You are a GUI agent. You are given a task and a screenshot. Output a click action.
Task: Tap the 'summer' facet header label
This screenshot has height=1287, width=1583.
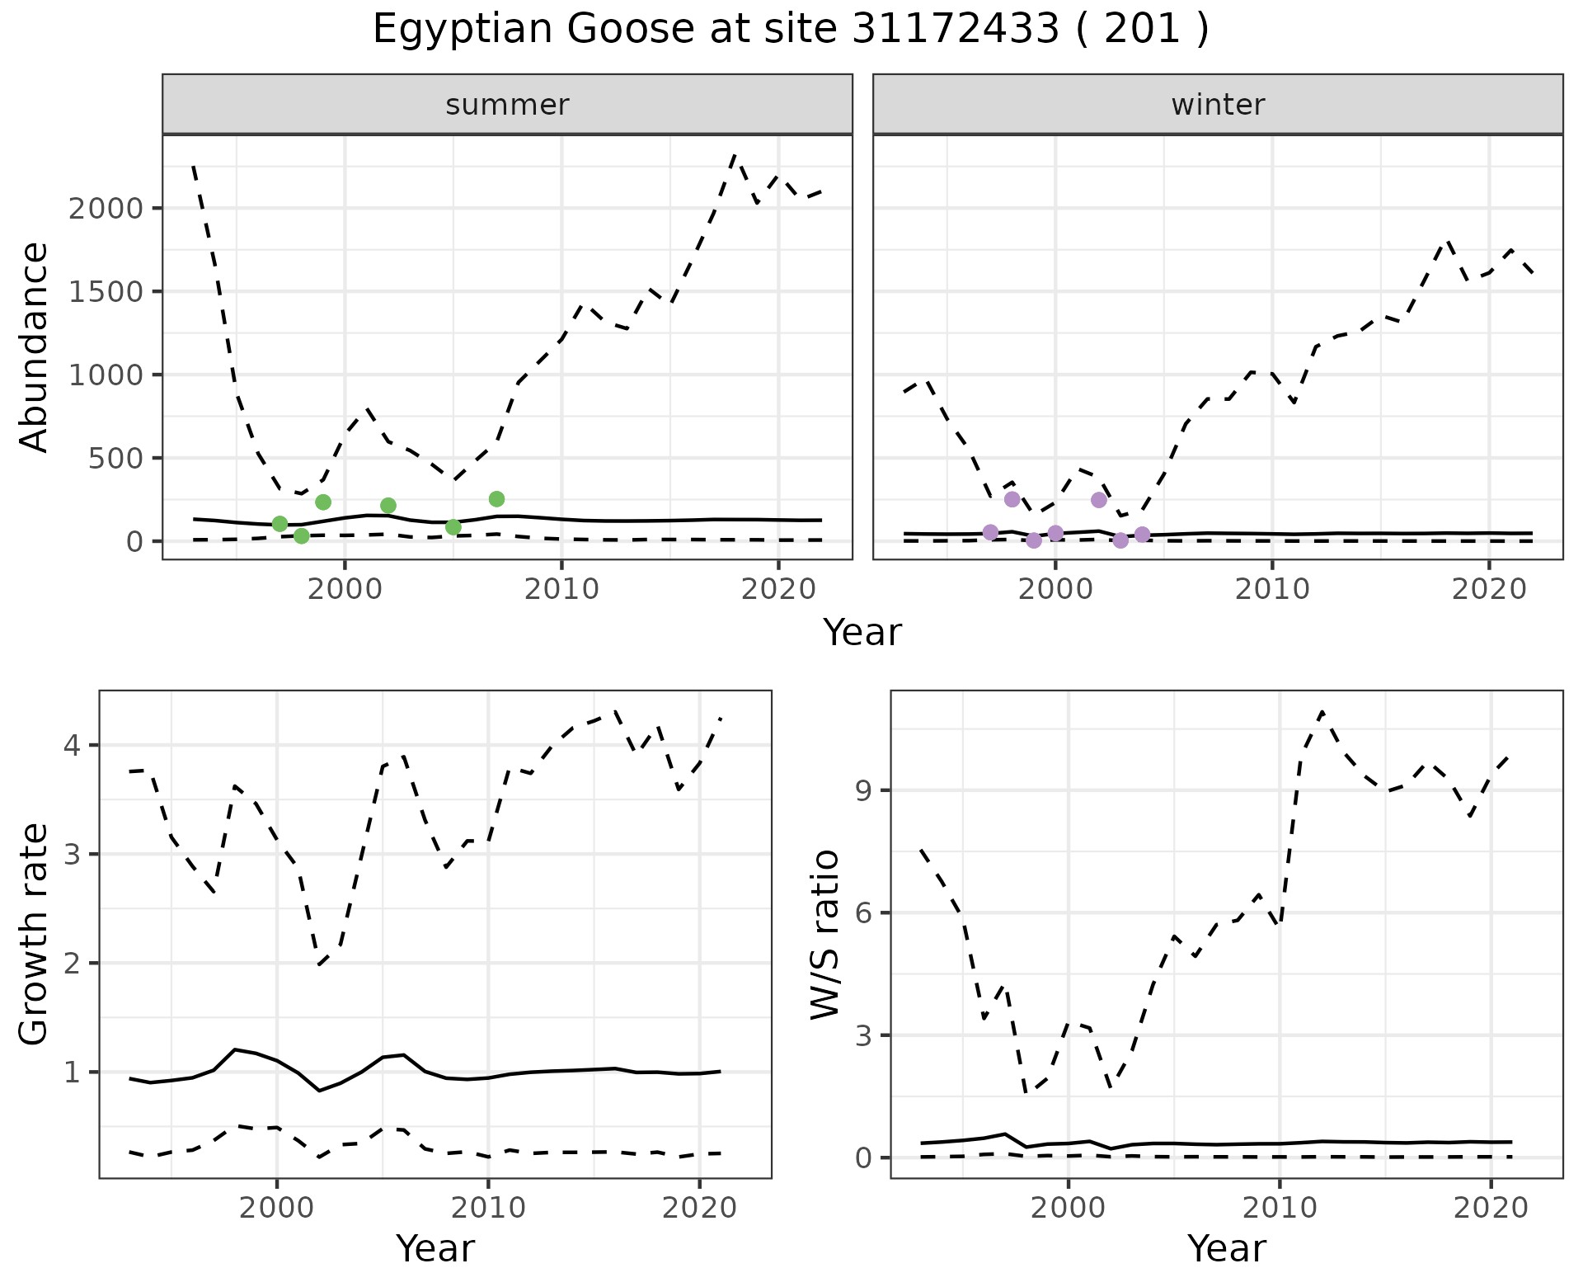[x=507, y=105]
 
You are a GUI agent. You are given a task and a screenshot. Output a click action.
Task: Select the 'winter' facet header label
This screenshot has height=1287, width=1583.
[x=1218, y=105]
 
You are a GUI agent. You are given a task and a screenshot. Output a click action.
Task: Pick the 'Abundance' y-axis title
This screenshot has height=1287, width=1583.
[x=35, y=346]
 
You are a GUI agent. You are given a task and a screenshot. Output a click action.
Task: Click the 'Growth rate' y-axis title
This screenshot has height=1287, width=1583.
[x=35, y=934]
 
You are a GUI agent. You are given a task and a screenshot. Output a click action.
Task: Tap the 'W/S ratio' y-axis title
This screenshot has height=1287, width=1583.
[x=824, y=934]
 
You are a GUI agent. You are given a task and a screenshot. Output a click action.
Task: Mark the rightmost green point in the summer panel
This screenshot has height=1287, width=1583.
[x=496, y=499]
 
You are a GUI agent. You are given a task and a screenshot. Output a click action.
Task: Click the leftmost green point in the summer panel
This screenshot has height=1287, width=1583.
[x=279, y=524]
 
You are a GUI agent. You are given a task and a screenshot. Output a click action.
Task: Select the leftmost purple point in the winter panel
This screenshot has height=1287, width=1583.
[x=990, y=532]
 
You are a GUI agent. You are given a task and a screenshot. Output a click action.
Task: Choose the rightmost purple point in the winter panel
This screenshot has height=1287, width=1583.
[x=1142, y=535]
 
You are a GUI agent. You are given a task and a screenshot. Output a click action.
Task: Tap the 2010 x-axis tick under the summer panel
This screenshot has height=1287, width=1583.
[x=561, y=589]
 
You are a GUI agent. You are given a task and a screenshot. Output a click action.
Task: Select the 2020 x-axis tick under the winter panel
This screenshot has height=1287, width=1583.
[x=1489, y=589]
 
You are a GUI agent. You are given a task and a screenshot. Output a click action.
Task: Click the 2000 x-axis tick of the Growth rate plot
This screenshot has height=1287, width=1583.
[x=277, y=1208]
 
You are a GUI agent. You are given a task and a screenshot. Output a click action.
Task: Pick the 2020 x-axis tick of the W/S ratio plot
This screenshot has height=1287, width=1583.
[x=1491, y=1208]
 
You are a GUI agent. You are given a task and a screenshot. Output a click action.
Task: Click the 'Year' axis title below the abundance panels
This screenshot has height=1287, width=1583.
[x=862, y=633]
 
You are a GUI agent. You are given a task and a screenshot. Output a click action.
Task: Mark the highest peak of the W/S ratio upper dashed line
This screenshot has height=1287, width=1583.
[x=1322, y=711]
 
